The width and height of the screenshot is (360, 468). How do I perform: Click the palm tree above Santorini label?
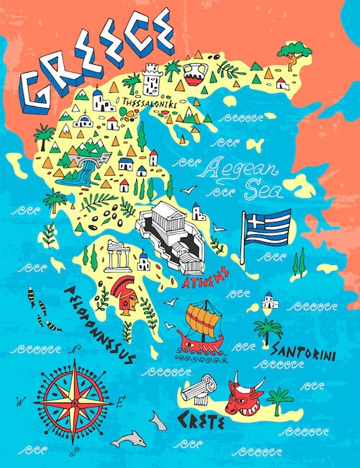pos(269,330)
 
